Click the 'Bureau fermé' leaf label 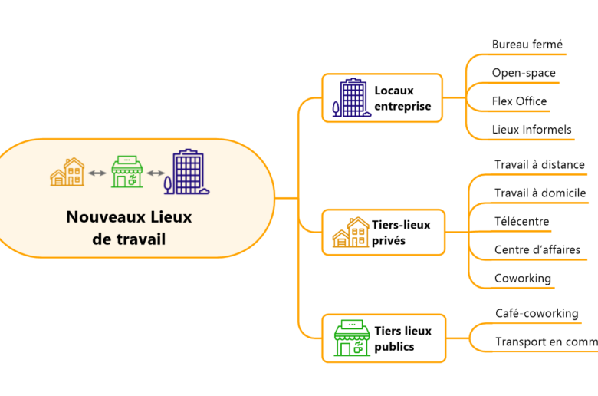click(x=528, y=45)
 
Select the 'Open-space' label click(x=524, y=73)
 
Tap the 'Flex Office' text click(x=519, y=101)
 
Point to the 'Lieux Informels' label click(x=531, y=130)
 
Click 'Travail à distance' click(x=539, y=164)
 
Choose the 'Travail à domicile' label click(x=540, y=193)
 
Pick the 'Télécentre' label click(x=521, y=222)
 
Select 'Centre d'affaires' click(x=537, y=249)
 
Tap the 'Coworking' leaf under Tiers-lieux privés click(x=522, y=278)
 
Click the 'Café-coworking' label click(x=537, y=313)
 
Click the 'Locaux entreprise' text click(x=402, y=98)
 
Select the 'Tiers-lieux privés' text click(x=401, y=233)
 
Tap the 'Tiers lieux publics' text click(x=402, y=338)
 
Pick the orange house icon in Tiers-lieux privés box click(x=350, y=233)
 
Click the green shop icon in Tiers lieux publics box click(x=351, y=338)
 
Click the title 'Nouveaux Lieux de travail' click(x=129, y=228)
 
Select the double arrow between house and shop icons click(x=97, y=173)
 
